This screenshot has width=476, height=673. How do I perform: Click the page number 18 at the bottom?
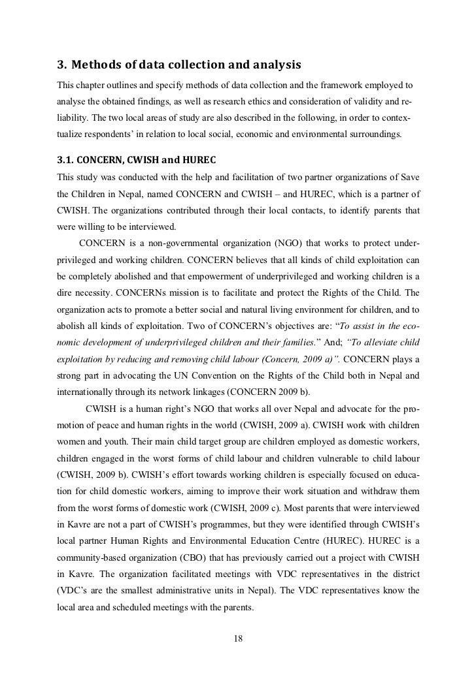[x=238, y=638]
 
